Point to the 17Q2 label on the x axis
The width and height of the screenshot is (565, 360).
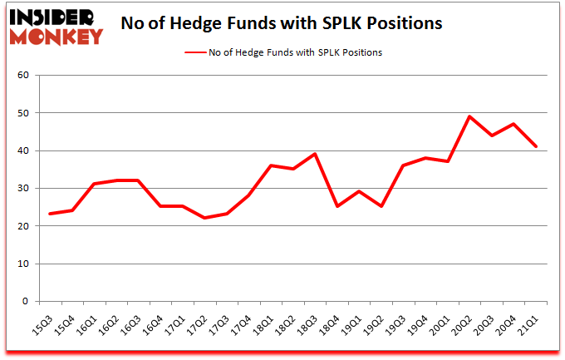click(199, 320)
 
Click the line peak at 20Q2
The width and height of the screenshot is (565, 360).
click(469, 116)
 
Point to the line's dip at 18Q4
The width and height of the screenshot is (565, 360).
click(337, 206)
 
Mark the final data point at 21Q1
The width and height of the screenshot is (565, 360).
click(536, 146)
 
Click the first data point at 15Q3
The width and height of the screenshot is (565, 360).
click(52, 214)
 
